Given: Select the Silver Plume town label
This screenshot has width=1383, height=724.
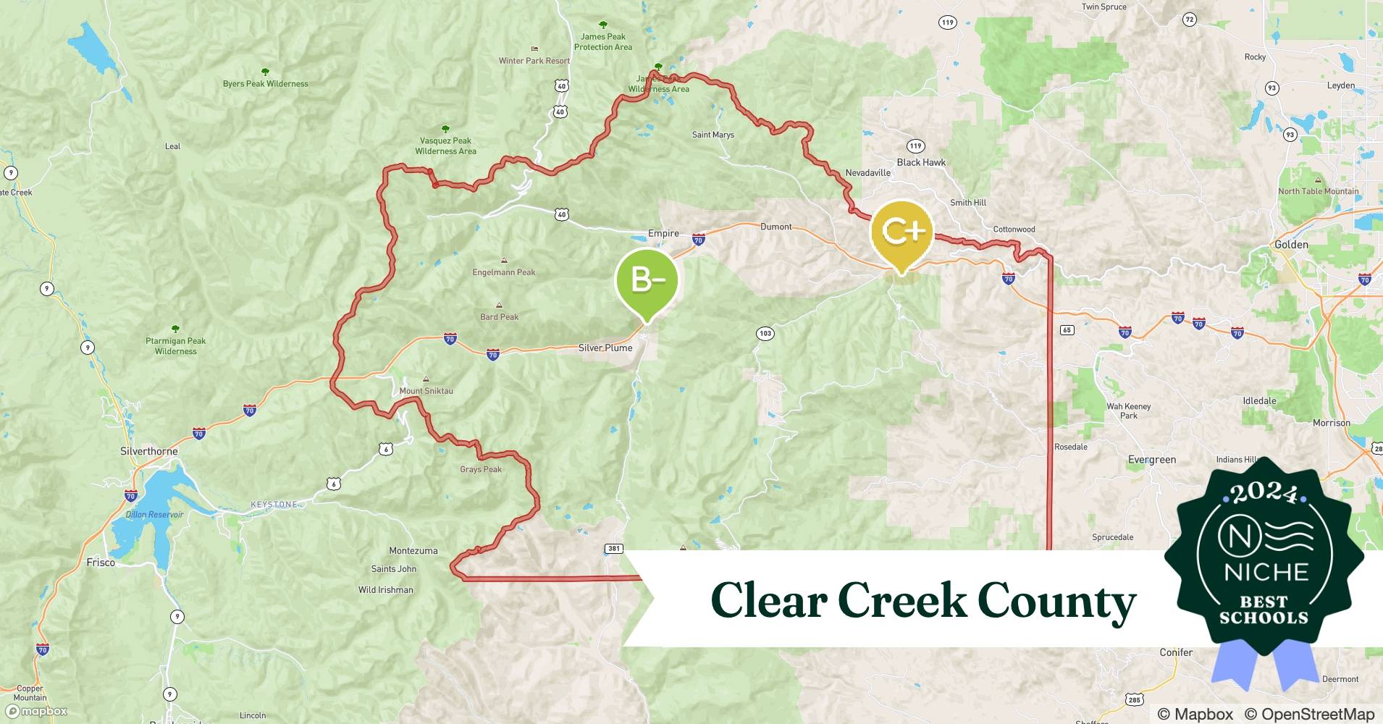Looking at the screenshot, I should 605,348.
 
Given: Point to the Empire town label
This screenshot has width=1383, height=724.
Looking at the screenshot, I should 663,233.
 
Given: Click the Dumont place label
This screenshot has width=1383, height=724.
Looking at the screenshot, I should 775,227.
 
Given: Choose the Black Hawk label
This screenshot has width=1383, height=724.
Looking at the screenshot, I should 921,162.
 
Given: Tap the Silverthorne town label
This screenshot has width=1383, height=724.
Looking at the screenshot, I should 148,451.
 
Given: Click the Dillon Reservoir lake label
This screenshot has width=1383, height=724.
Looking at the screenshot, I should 155,515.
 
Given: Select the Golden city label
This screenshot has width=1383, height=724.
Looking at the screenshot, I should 1291,245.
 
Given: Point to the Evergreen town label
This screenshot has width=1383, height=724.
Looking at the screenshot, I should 1151,460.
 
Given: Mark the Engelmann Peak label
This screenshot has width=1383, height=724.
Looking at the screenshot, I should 504,272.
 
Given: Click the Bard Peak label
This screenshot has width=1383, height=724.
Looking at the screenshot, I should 499,316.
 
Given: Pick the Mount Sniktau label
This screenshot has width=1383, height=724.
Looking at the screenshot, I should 426,390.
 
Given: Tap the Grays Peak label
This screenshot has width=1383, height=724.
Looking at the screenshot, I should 481,469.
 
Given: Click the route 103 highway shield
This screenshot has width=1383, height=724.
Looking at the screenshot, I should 765,333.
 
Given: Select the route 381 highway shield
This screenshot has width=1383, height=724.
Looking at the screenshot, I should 614,548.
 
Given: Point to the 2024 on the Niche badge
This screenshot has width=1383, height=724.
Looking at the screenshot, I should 1264,493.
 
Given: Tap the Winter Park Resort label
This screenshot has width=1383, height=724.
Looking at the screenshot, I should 534,61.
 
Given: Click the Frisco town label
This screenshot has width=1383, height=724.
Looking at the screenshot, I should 101,563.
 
